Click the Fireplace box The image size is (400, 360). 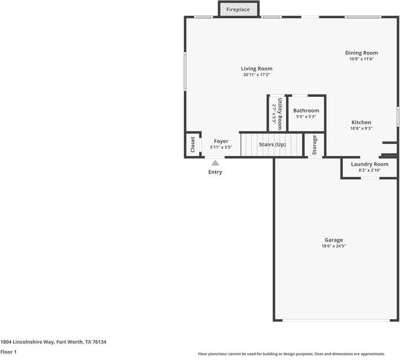point(238,10)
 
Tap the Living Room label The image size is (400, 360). point(257,69)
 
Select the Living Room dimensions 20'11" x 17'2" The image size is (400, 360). point(257,75)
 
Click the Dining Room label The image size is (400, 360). point(361,53)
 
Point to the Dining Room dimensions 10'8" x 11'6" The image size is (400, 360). point(361,59)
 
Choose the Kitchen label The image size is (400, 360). point(361,122)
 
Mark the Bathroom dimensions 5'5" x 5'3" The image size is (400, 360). point(306,117)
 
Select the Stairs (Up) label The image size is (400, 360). point(272,144)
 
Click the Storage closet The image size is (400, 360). point(314,145)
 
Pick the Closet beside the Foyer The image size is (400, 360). point(193,144)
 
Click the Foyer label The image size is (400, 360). point(221,141)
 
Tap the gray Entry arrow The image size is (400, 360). point(215,162)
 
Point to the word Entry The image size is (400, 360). point(215,172)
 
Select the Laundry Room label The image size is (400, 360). point(369,164)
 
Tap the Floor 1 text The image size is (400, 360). point(8,352)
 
